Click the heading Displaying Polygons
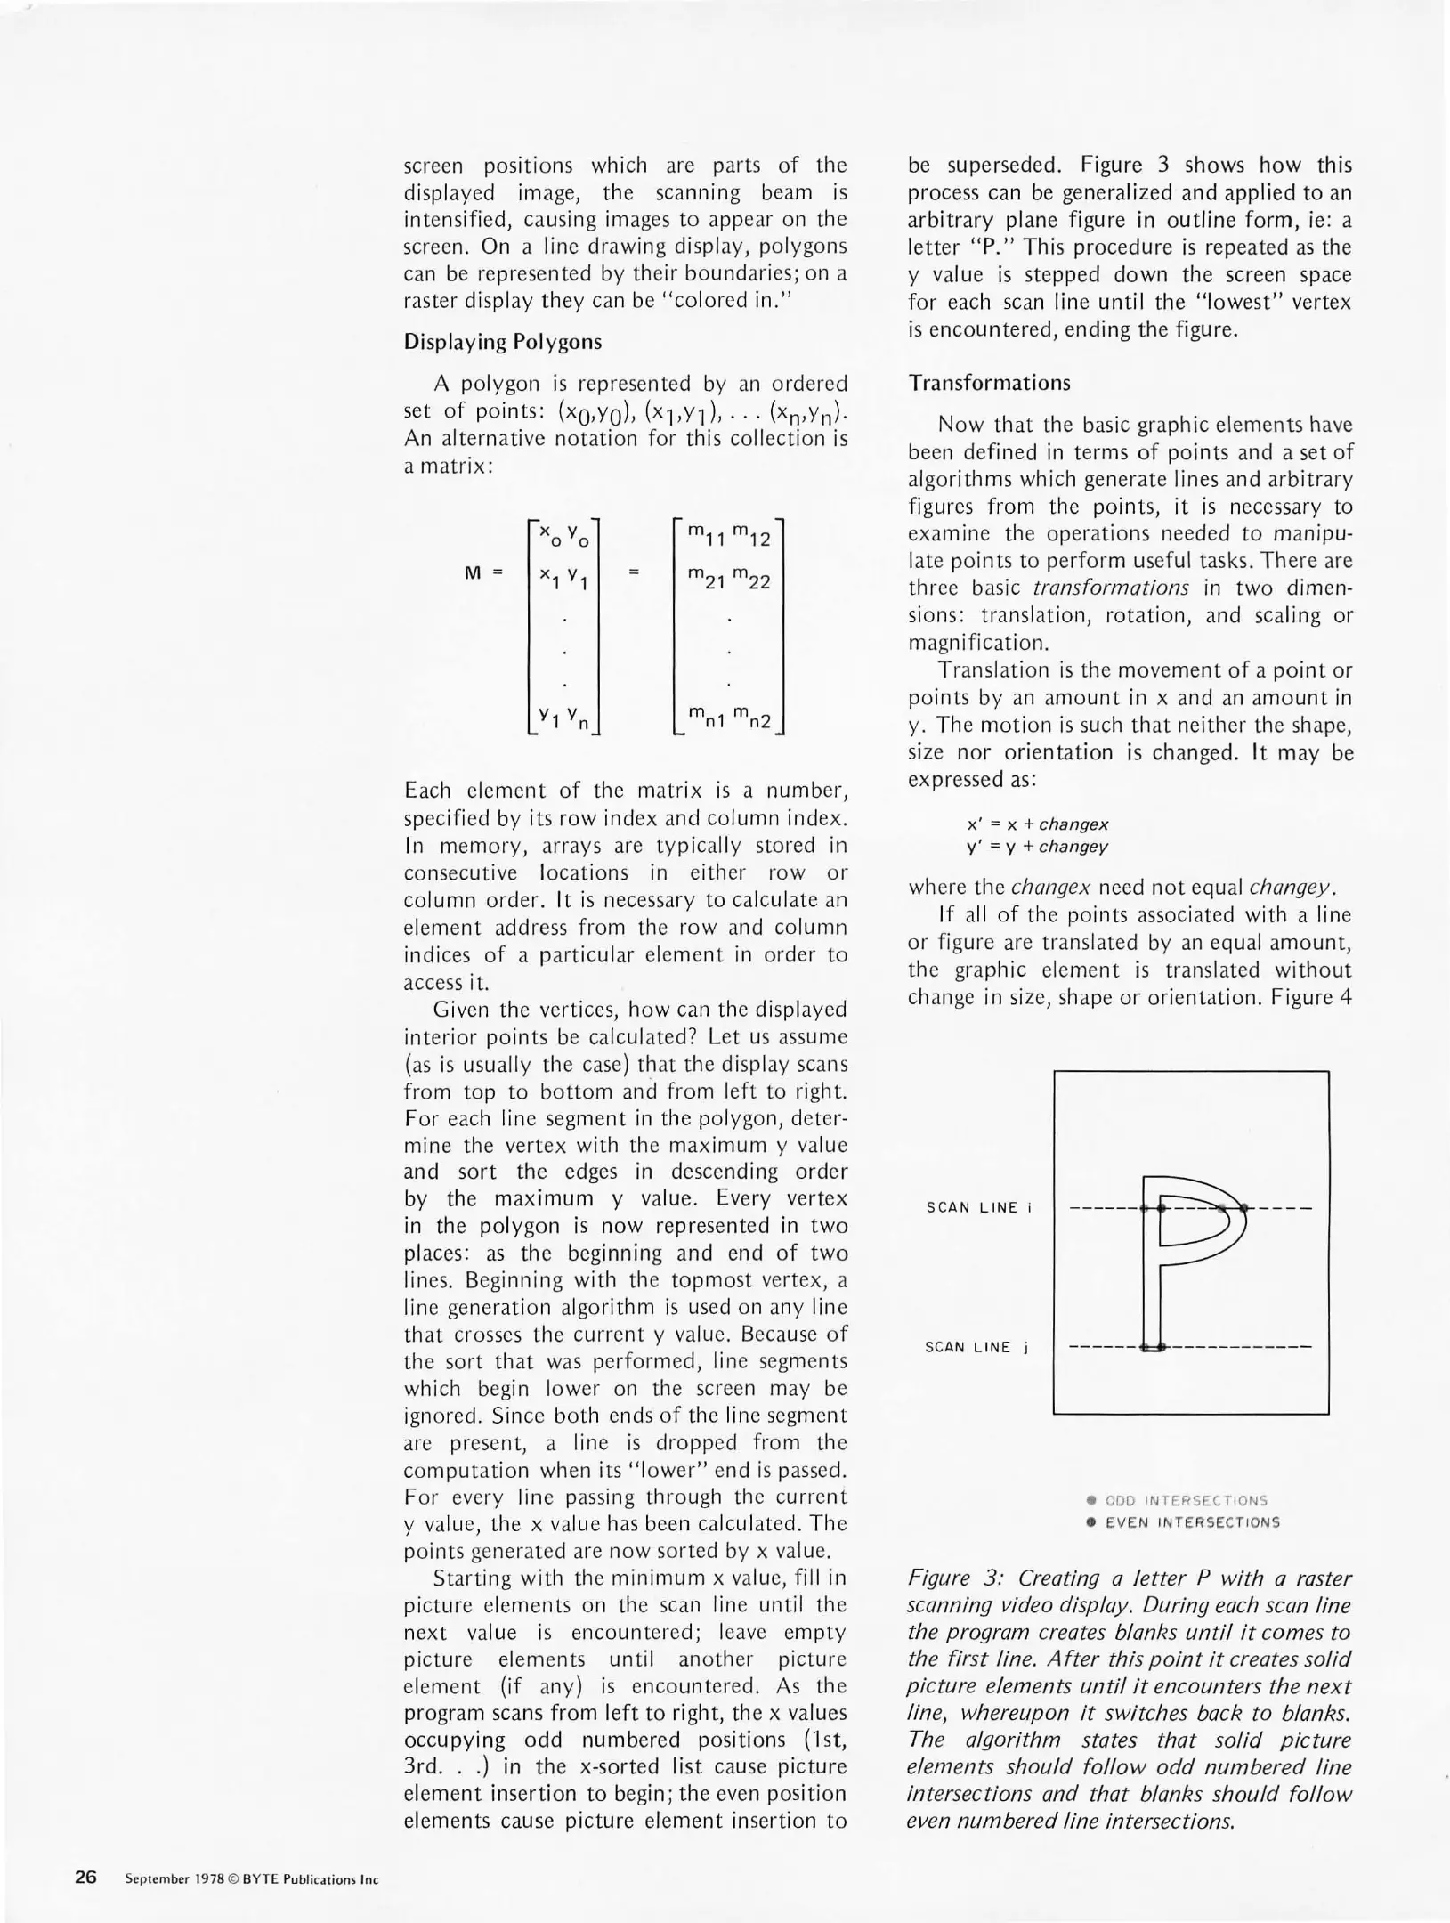pyautogui.click(x=502, y=342)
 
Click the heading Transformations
pyautogui.click(x=989, y=383)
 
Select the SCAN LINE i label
pyautogui.click(x=978, y=1207)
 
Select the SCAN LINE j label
pyautogui.click(x=976, y=1347)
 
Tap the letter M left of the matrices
pyautogui.click(x=474, y=573)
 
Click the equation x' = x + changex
pyautogui.click(x=1037, y=824)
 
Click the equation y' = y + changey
pyautogui.click(x=1037, y=847)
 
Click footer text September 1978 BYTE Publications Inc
pyautogui.click(x=252, y=1879)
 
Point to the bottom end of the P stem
pyautogui.click(x=1153, y=1346)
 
